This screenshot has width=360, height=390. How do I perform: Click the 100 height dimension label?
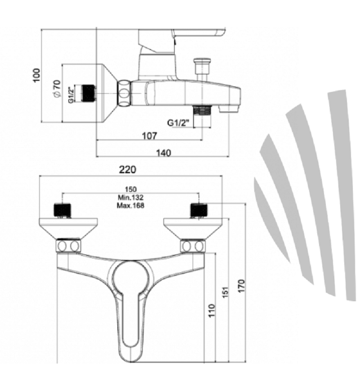pyautogui.click(x=37, y=75)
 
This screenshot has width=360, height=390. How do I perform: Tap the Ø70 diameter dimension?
pyautogui.click(x=57, y=89)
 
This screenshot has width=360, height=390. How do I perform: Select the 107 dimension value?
pyautogui.click(x=149, y=136)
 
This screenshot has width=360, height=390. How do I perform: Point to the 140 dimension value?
pyautogui.click(x=164, y=153)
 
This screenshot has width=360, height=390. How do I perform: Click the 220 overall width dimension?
pyautogui.click(x=127, y=170)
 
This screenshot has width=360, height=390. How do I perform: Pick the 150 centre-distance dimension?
pyautogui.click(x=130, y=190)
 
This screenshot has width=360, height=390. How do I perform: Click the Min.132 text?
pyautogui.click(x=130, y=198)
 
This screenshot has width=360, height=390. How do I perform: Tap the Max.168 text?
pyautogui.click(x=130, y=205)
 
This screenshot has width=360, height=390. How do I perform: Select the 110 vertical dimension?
pyautogui.click(x=211, y=310)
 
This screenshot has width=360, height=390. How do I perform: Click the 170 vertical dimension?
pyautogui.click(x=241, y=286)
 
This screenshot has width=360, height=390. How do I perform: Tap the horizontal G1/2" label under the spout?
pyautogui.click(x=178, y=123)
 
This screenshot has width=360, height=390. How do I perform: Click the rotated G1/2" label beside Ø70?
pyautogui.click(x=71, y=95)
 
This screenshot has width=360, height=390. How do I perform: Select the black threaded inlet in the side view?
pyautogui.click(x=89, y=93)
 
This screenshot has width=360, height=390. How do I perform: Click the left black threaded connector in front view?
pyautogui.click(x=62, y=210)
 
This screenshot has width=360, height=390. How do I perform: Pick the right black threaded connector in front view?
pyautogui.click(x=199, y=210)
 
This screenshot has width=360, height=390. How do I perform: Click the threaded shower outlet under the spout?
pyautogui.click(x=202, y=110)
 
